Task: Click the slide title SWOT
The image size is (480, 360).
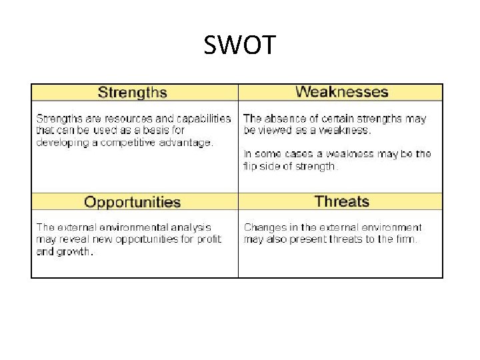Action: coord(239,45)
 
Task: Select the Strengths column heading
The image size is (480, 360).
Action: coord(132,93)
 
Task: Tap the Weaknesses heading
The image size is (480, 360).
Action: coord(341,92)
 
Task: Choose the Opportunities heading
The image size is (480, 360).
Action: coord(133,202)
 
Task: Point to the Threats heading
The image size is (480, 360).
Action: coord(341,201)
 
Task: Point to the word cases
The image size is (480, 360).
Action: coord(293,154)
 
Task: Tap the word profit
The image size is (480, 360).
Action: coord(208,239)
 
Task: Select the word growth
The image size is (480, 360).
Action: coord(75,251)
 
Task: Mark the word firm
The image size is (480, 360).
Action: coord(405,239)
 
